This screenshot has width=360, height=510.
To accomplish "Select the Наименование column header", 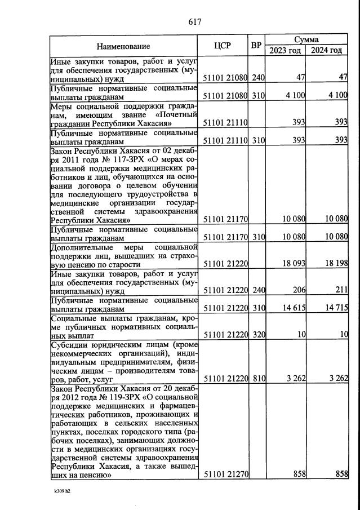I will pos(123,46).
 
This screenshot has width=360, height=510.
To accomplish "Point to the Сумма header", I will pos(306,40).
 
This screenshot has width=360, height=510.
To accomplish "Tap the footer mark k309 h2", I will pos(62,491).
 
